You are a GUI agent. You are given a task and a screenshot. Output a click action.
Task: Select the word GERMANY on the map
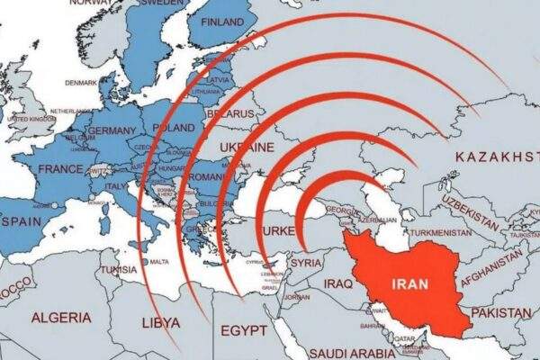click(112, 131)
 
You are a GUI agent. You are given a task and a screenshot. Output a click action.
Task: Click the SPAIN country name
click(22, 220)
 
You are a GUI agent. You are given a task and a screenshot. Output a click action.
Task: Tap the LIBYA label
click(161, 321)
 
